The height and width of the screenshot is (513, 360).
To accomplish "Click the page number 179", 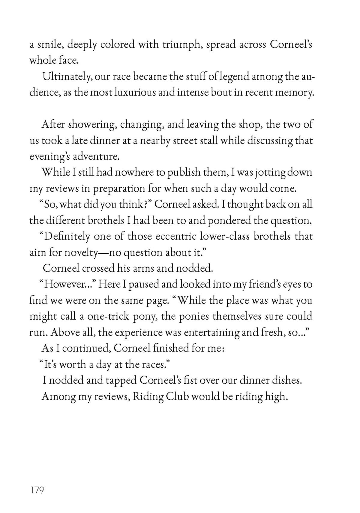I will pyautogui.click(x=37, y=490).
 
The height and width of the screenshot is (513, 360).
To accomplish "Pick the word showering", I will pyautogui.click(x=92, y=125).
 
